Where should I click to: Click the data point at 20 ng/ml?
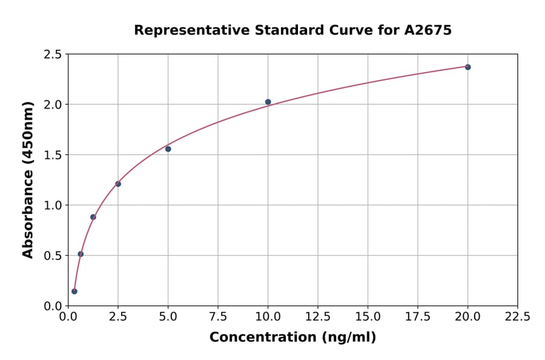pos(467,67)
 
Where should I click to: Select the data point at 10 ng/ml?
pos(268,102)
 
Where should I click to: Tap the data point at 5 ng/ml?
pos(168,149)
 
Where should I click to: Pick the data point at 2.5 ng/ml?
pos(118,184)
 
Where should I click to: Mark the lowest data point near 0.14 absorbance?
pos(74,292)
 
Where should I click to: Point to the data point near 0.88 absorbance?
pos(93,217)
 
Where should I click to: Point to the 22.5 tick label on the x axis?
pos(517,317)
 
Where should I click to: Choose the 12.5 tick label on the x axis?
pos(318,317)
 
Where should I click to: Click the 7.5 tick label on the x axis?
pos(218,317)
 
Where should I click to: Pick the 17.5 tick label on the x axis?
pos(418,317)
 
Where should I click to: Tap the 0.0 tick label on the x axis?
pos(68,317)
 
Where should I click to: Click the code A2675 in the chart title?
pos(428,30)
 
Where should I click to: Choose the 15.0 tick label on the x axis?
pos(368,317)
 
